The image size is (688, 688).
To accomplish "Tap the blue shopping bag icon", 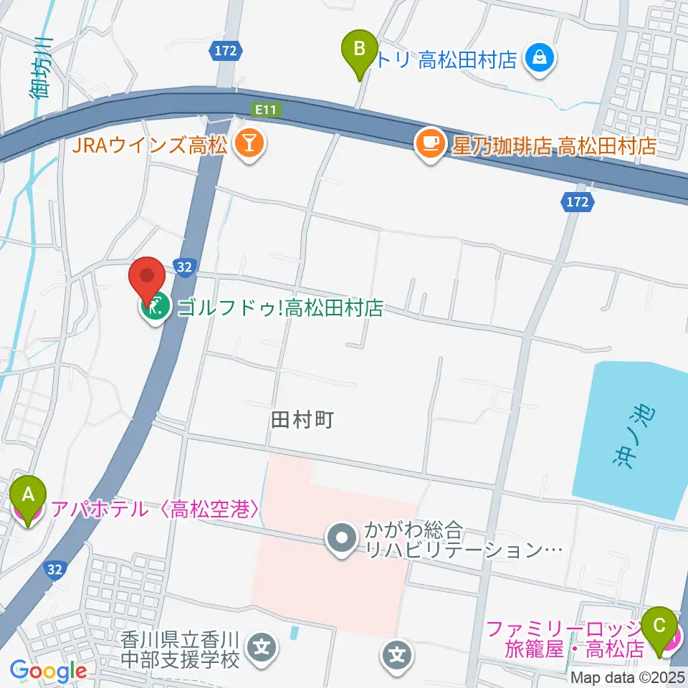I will pyautogui.click(x=540, y=59).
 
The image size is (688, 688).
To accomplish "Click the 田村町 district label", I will pyautogui.click(x=302, y=420).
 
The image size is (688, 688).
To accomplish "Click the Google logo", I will pyautogui.click(x=49, y=671).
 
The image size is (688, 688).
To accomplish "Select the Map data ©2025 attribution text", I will pyautogui.click(x=629, y=677).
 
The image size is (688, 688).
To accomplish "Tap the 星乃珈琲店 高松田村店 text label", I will pyautogui.click(x=554, y=146).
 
